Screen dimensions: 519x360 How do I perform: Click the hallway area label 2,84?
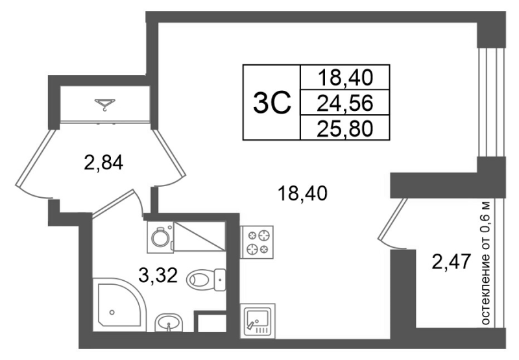point(104,162)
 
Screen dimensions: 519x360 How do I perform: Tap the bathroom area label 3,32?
point(158,275)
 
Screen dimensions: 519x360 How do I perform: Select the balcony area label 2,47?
point(452,261)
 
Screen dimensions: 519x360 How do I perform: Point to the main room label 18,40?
point(302,193)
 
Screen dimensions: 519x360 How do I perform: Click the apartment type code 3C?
point(272,102)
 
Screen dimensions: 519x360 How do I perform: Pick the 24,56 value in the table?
point(345,102)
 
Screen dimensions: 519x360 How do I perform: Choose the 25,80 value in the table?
point(345,128)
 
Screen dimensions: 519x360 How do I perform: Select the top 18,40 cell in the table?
point(345,77)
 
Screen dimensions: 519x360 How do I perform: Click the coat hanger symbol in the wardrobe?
point(105,104)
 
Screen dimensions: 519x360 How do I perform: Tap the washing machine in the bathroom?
point(160,237)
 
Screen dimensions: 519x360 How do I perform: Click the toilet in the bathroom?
point(206,280)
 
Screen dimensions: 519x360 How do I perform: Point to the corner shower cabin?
point(119,304)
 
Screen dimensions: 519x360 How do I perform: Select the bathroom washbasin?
point(169,322)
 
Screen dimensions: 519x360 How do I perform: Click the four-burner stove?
point(257,242)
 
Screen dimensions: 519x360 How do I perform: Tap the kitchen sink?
point(257,320)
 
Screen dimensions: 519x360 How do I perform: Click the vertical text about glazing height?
point(485,263)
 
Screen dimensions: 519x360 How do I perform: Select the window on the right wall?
point(492,102)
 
